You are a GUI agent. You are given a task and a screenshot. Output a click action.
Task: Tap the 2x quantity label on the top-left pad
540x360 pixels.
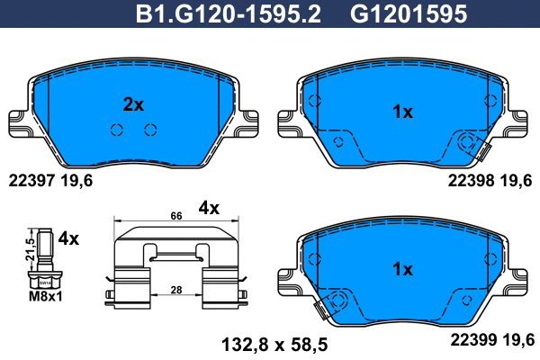click(133, 104)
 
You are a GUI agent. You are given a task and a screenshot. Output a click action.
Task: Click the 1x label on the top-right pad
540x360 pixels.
click(402, 112)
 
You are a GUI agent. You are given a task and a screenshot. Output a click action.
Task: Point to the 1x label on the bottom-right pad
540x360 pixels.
click(402, 269)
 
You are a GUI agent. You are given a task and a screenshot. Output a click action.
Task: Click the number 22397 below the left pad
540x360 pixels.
click(33, 180)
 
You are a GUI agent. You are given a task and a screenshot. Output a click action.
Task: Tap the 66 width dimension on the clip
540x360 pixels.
click(176, 216)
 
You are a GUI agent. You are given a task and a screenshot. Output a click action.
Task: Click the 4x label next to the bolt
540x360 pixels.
click(68, 239)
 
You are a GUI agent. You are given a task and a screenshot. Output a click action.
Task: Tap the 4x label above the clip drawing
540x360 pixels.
click(209, 208)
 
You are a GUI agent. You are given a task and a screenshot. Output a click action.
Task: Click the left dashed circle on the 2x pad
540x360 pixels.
click(116, 130)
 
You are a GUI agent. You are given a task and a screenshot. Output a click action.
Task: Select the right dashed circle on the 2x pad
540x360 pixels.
click(150, 130)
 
